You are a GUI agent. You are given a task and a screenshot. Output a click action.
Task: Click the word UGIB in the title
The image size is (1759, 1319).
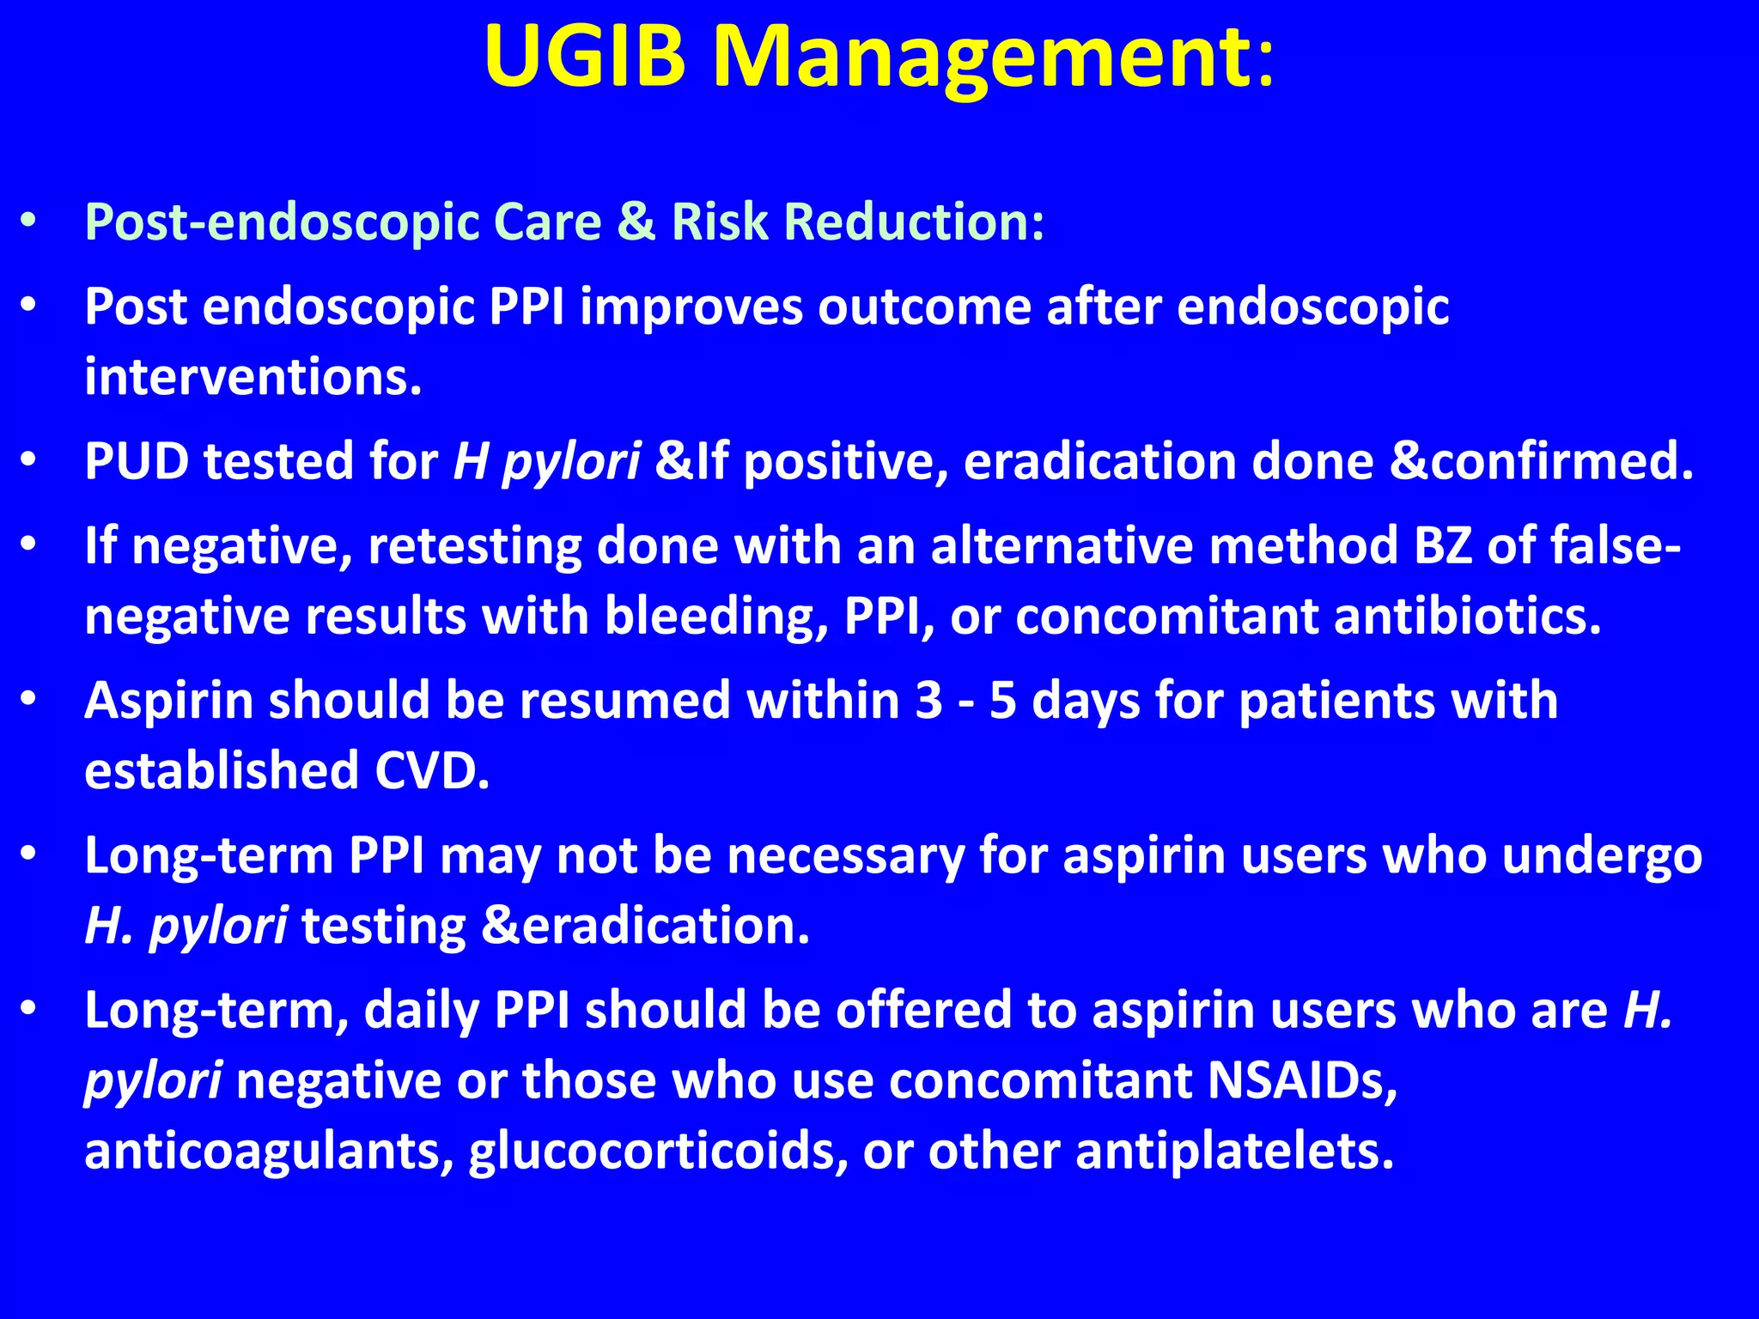pyautogui.click(x=585, y=57)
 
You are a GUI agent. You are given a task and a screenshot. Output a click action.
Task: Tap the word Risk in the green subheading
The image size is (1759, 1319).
pyautogui.click(x=719, y=222)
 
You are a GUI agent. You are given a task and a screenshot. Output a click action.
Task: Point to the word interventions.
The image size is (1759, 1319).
pyautogui.click(x=253, y=377)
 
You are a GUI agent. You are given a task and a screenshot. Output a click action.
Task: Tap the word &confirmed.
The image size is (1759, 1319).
pyautogui.click(x=1543, y=461)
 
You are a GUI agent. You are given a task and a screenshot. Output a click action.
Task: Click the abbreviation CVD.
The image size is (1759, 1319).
pyautogui.click(x=432, y=770)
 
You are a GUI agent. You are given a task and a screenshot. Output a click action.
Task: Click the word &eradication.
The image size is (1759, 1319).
pyautogui.click(x=646, y=926)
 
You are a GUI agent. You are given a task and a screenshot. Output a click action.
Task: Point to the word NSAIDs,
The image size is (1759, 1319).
pyautogui.click(x=1302, y=1079)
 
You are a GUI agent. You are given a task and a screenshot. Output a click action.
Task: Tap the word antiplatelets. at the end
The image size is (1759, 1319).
pyautogui.click(x=1234, y=1151)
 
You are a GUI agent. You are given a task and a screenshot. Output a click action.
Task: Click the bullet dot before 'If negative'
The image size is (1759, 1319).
pyautogui.click(x=28, y=546)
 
